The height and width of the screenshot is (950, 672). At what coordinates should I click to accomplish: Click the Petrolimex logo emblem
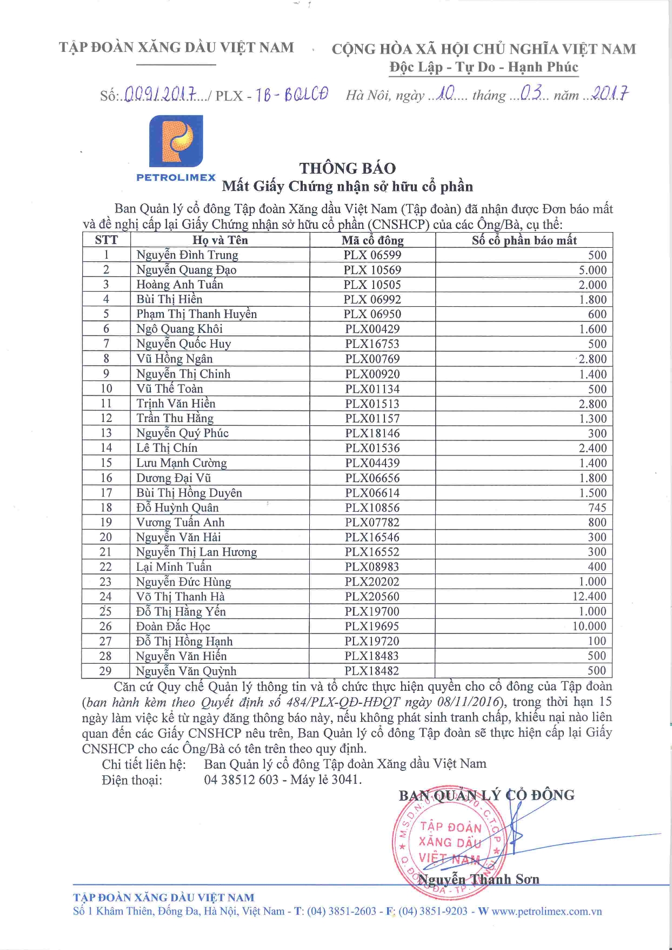pyautogui.click(x=176, y=141)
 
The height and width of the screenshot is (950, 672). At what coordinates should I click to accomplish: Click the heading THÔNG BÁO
pyautogui.click(x=348, y=168)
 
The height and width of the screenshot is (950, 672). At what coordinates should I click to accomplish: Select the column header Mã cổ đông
pyautogui.click(x=372, y=240)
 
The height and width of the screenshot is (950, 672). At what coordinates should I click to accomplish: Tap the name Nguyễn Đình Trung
pyautogui.click(x=187, y=255)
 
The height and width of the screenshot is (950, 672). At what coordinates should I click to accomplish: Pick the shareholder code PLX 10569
pyautogui.click(x=372, y=270)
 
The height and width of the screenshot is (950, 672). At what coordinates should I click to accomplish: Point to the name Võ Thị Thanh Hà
pyautogui.click(x=180, y=597)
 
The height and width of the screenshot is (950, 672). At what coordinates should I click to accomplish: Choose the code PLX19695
pyautogui.click(x=372, y=626)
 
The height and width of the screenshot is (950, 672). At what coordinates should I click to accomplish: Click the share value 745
pyautogui.click(x=597, y=507)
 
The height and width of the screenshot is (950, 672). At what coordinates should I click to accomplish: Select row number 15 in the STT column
pyautogui.click(x=106, y=463)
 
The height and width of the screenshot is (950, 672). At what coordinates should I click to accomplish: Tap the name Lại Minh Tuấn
pyautogui.click(x=174, y=567)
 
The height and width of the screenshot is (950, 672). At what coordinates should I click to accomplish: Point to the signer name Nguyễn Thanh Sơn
pyautogui.click(x=479, y=880)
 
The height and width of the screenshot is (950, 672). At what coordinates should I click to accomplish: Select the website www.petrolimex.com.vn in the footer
pyautogui.click(x=547, y=911)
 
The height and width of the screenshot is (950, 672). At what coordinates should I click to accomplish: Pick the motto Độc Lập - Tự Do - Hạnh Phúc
pyautogui.click(x=483, y=67)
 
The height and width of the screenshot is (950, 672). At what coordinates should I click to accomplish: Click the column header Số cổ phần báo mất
pyautogui.click(x=524, y=240)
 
